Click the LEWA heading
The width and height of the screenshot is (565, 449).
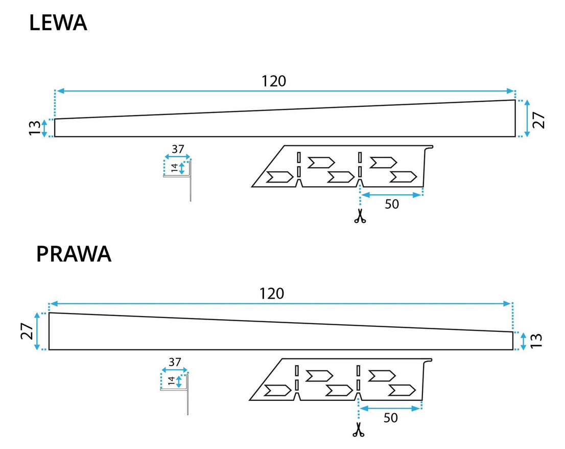[58, 23]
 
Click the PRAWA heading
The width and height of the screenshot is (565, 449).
[74, 254]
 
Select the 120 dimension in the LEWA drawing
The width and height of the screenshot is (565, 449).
[274, 81]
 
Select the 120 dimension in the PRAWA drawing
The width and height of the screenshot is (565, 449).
[271, 294]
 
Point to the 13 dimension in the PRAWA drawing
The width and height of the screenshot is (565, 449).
[535, 341]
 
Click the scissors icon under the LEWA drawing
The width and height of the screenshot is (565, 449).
[360, 216]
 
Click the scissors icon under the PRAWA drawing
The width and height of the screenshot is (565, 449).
[359, 431]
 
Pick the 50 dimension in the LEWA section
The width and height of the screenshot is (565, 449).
[391, 204]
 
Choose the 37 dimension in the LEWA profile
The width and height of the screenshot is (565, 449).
[178, 149]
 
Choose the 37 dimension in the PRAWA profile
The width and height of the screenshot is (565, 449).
[175, 362]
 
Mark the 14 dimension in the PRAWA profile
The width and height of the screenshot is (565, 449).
[171, 381]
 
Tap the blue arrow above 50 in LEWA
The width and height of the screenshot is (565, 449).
[391, 194]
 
